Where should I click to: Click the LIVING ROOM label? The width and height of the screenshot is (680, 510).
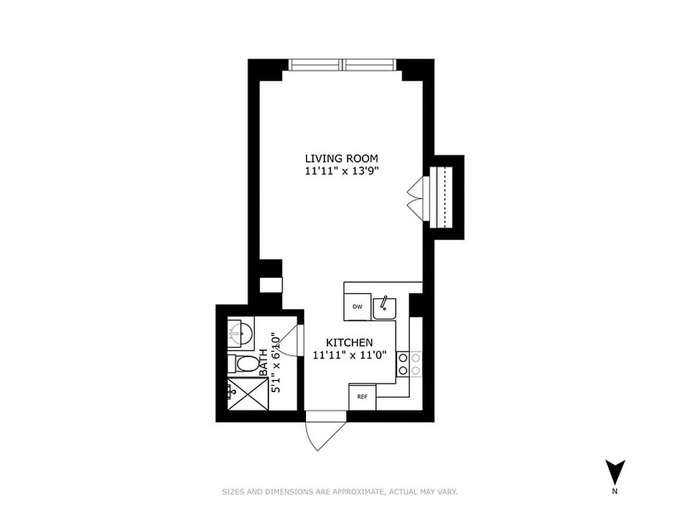pos(341,158)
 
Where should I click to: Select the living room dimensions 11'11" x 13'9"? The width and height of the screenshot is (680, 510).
pos(341,171)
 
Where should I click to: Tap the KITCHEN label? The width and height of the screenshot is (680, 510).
pos(349,342)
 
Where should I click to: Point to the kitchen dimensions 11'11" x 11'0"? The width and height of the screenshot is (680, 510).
pos(349,356)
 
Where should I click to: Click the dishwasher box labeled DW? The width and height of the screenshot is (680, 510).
pos(358,307)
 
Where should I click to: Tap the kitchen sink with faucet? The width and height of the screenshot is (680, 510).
pos(384,308)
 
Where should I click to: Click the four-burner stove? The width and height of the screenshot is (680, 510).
pos(409,363)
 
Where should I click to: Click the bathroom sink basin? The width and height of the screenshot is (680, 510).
pos(240,331)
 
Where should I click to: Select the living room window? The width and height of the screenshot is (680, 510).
pos(342,65)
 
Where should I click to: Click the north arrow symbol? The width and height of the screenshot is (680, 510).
pos(614,472)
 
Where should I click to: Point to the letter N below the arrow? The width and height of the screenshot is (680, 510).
pos(614,491)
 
